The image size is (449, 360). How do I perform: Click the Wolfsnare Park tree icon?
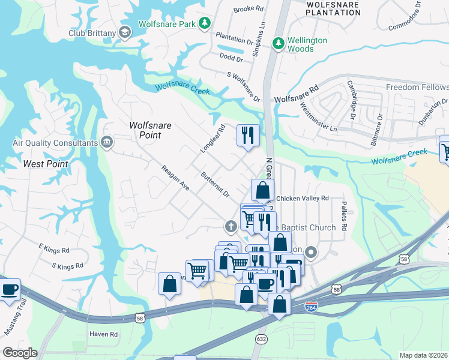205,23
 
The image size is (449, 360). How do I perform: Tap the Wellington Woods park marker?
278,43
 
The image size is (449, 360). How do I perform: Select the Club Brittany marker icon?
125,32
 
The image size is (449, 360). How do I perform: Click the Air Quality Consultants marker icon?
107,142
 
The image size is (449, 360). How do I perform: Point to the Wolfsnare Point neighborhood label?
151,130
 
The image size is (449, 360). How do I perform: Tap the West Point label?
45,163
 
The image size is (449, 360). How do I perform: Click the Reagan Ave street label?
175,179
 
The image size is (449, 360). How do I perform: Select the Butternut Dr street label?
215,185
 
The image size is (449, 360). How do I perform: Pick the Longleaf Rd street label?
212,139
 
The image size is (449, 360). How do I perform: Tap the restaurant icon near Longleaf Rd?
248,134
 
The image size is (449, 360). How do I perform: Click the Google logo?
19,353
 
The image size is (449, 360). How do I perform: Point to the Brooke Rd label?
249,9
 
